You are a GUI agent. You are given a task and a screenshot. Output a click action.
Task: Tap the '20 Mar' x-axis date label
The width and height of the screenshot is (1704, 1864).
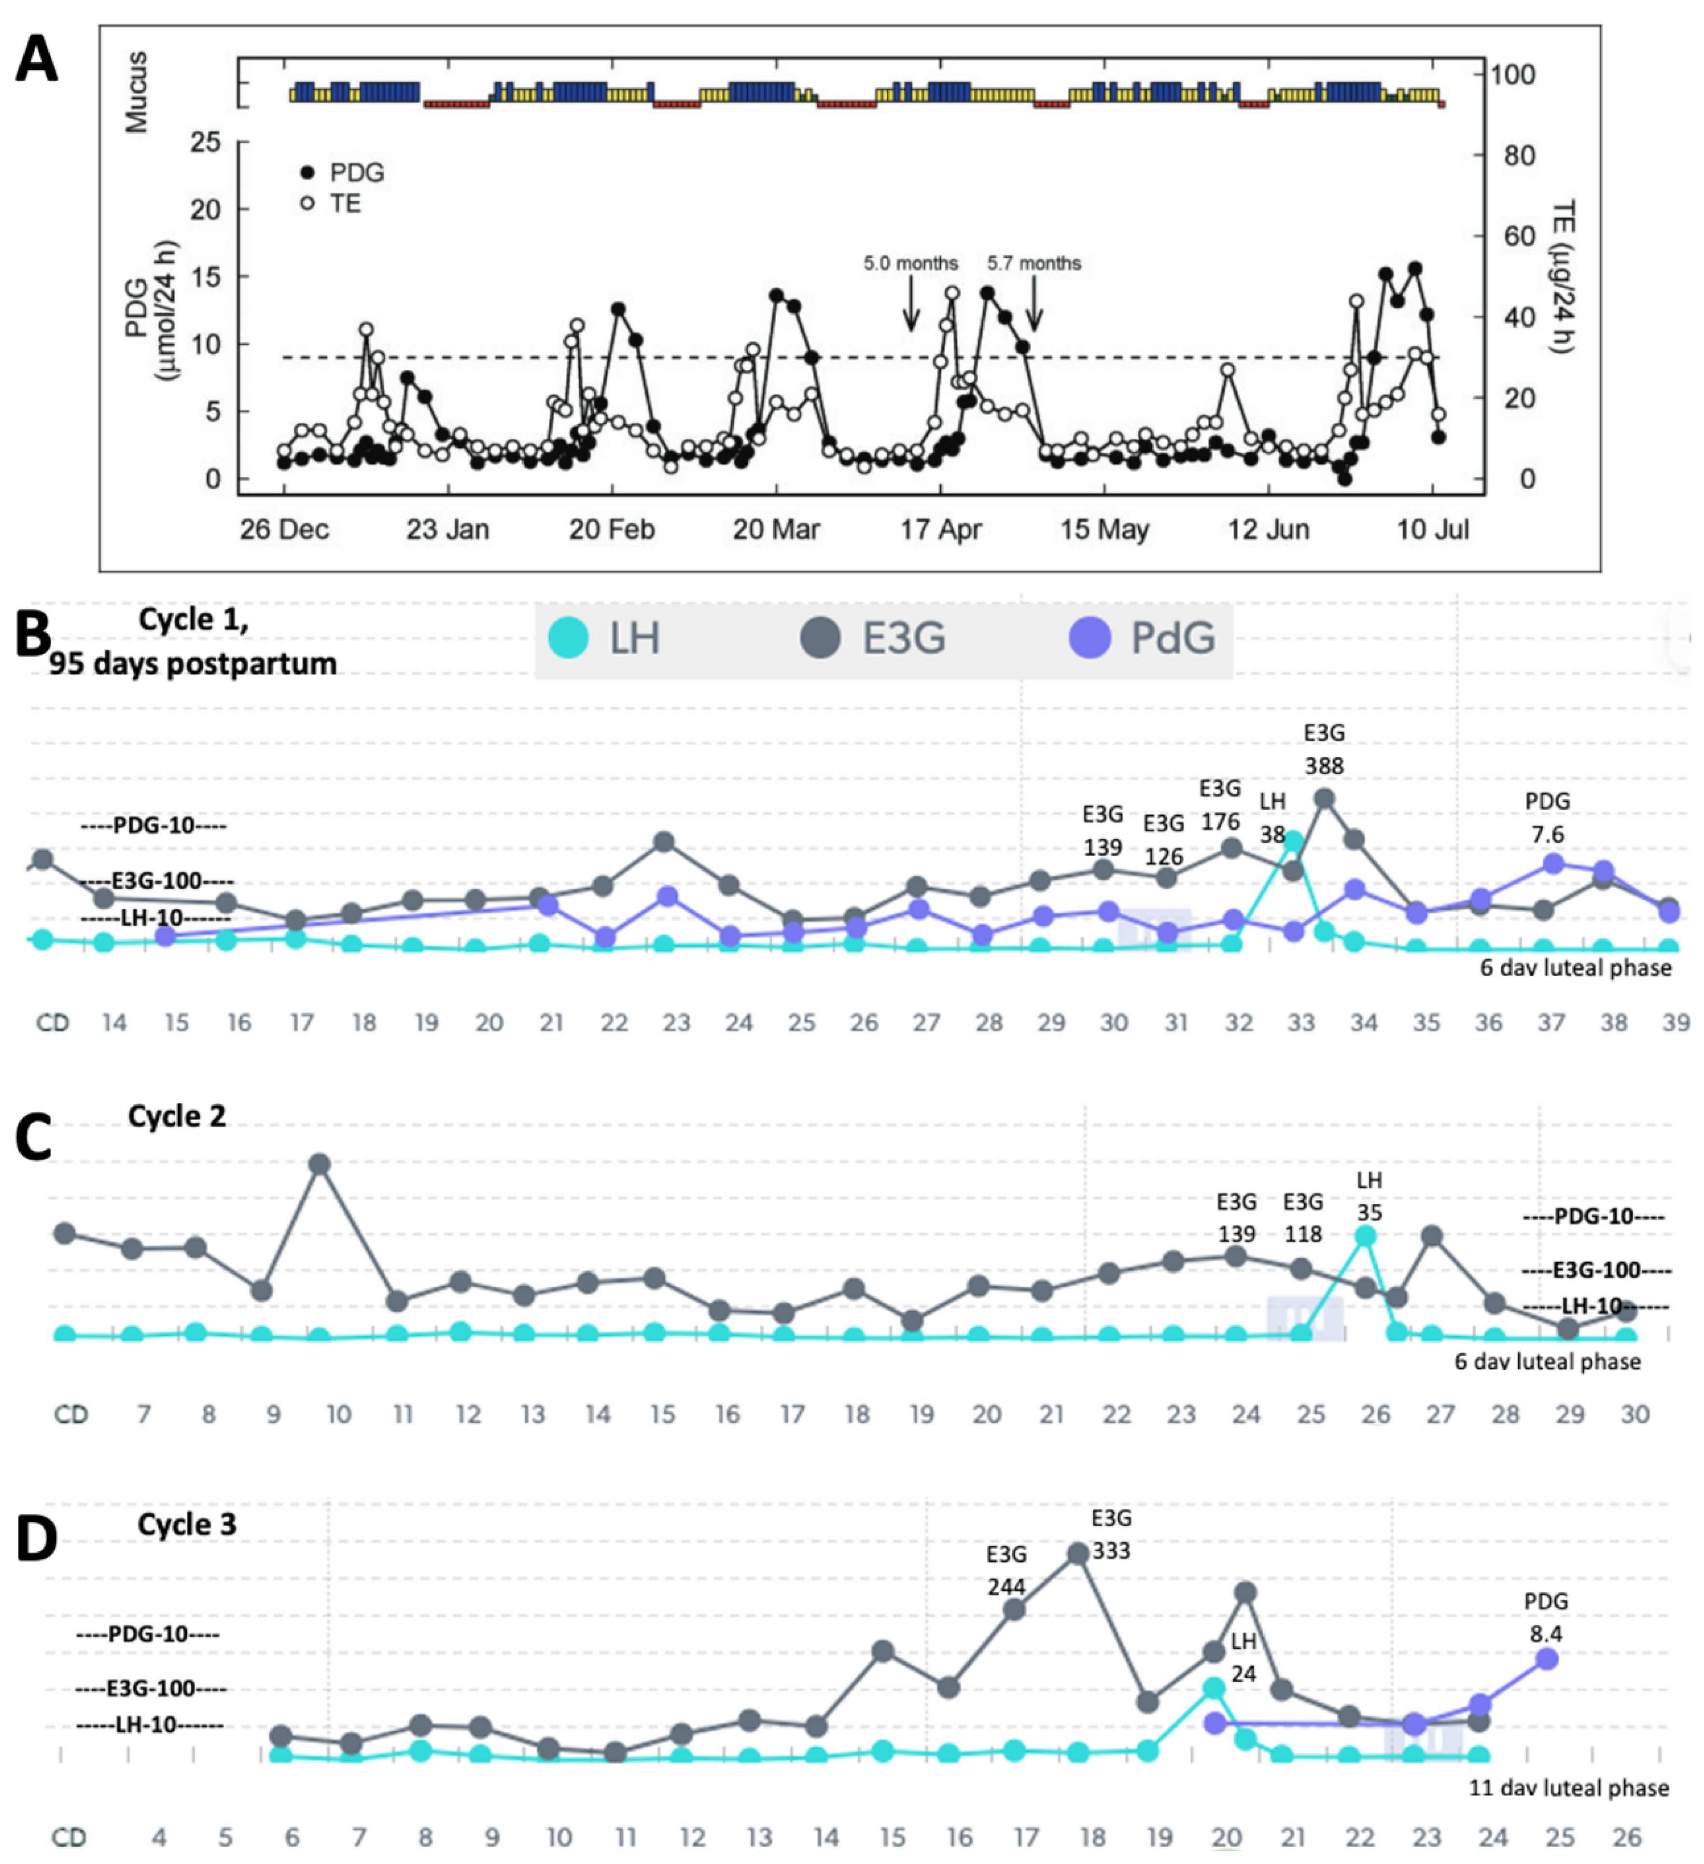coord(776,530)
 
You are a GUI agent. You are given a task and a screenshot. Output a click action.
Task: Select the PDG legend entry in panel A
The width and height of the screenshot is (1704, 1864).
coord(342,173)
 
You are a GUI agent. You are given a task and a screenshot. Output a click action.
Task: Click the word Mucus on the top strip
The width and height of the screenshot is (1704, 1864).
coord(137,93)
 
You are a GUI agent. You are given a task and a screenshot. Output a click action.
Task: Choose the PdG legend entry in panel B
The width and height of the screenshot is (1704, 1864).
coord(1142,638)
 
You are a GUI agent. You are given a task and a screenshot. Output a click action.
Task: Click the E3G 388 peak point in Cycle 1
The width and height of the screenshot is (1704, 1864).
coord(1324,798)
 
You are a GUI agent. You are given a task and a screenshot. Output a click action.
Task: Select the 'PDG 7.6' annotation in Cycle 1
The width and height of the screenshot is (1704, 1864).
coord(1547,818)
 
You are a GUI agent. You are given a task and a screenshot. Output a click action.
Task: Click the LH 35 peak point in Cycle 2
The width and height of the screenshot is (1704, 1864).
coord(1366,1236)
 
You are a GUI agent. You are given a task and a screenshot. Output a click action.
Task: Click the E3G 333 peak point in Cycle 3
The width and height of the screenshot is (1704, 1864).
coord(1077,1554)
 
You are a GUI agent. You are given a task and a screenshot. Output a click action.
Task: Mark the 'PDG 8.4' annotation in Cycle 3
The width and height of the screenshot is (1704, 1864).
coord(1546,1617)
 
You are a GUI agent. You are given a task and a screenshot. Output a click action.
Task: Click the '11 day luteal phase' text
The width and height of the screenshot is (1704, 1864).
coord(1569,1788)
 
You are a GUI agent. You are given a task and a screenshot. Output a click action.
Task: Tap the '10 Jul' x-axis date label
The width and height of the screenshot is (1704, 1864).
coord(1432,530)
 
